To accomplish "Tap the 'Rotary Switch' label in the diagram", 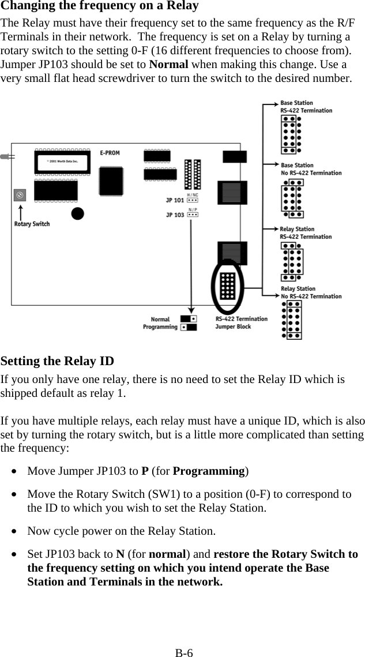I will pos(32,224).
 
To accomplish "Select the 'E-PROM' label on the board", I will pos(110,153).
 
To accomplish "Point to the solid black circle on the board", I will pos(77,214).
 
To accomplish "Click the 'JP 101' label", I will pos(175,201).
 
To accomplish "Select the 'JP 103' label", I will pos(175,215).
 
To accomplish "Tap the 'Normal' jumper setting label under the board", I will pos(160,319).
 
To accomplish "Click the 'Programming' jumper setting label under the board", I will pos(160,327).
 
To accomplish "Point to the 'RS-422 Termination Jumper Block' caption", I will pos(241,322).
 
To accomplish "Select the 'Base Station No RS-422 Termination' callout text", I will pos(310,169).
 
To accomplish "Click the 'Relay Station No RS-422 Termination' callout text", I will pos(310,292).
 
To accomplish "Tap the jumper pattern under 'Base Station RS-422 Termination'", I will pos(291,134).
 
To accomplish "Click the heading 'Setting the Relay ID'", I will pos(58,362).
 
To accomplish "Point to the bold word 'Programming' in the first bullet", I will pos(209,471).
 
